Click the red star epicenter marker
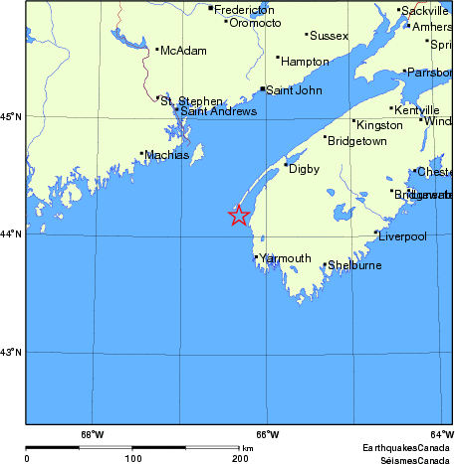(239, 215)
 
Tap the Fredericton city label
(244, 9)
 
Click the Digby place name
(304, 169)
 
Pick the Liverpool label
(402, 236)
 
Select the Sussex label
(330, 36)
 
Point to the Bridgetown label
(358, 141)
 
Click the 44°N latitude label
(12, 233)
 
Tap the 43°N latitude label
(12, 352)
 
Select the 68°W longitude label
(92, 434)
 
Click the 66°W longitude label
(267, 434)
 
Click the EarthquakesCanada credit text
(406, 447)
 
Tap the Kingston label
(379, 125)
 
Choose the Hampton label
(305, 62)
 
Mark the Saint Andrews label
(218, 111)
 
